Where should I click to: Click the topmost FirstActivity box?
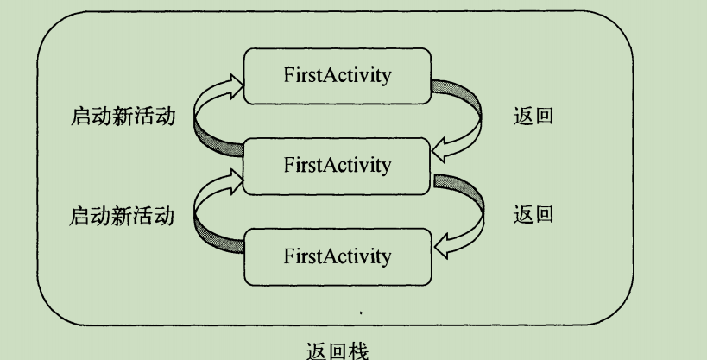(337, 75)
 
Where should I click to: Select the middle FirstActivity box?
(337, 166)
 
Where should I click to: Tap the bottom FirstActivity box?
(337, 256)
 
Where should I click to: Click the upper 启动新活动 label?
(121, 117)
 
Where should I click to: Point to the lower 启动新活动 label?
(121, 214)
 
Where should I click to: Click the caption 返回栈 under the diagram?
(337, 351)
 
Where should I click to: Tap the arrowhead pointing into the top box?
(235, 79)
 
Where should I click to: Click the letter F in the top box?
(288, 75)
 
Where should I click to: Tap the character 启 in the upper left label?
(79, 117)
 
